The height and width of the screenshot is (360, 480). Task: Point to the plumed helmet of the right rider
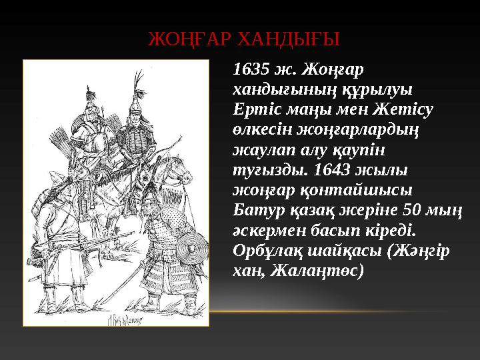[138, 100]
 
